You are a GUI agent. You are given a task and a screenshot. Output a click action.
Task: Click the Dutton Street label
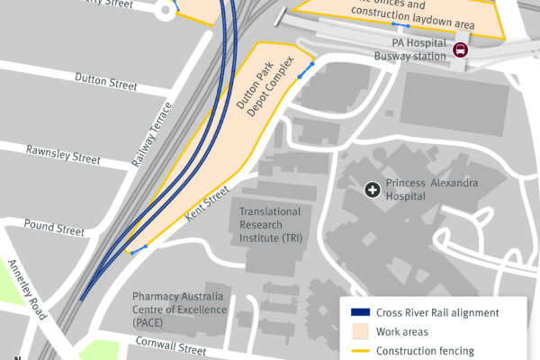106,82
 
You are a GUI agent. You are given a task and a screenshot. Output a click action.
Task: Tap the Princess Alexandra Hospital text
432,190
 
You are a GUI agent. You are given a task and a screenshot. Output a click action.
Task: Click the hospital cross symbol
371,189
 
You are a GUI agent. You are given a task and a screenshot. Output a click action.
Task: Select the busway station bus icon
460,50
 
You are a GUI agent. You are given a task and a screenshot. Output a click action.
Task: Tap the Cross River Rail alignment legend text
437,313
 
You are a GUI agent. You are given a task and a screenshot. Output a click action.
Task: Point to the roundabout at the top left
165,10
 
